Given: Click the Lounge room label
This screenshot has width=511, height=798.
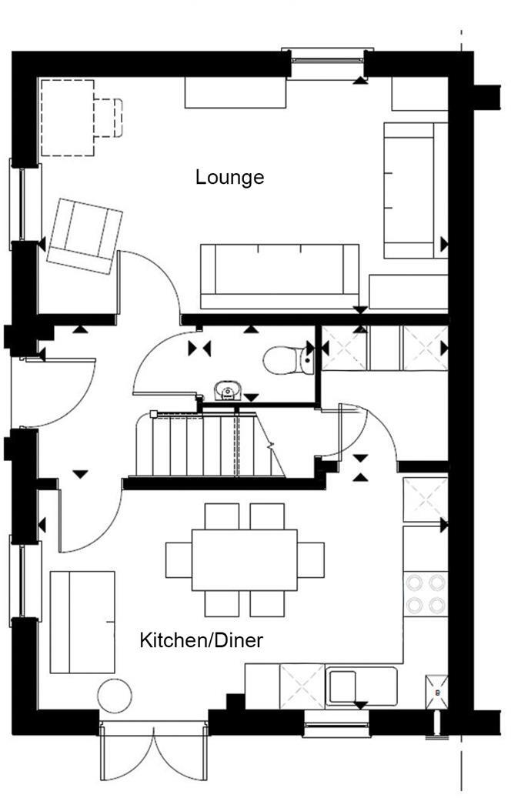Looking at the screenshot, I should pyautogui.click(x=229, y=177).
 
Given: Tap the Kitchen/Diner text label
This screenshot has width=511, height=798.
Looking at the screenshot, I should pyautogui.click(x=201, y=640).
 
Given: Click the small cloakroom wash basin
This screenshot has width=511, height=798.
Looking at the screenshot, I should pyautogui.click(x=225, y=391).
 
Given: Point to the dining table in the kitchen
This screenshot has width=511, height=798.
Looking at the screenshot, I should pyautogui.click(x=245, y=559).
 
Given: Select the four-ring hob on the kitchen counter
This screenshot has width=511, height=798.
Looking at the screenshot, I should pyautogui.click(x=426, y=593).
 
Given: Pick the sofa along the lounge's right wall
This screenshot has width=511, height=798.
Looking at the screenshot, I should pyautogui.click(x=415, y=190).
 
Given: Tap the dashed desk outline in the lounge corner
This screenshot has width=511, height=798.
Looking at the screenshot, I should pyautogui.click(x=68, y=118).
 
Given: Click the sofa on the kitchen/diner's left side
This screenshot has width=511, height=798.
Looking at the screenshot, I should pyautogui.click(x=82, y=622).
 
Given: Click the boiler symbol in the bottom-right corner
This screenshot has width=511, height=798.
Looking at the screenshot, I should pyautogui.click(x=436, y=691).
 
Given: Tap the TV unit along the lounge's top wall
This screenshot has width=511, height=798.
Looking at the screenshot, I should pyautogui.click(x=235, y=92).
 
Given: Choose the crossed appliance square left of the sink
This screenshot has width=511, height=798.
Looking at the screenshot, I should pyautogui.click(x=302, y=686).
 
